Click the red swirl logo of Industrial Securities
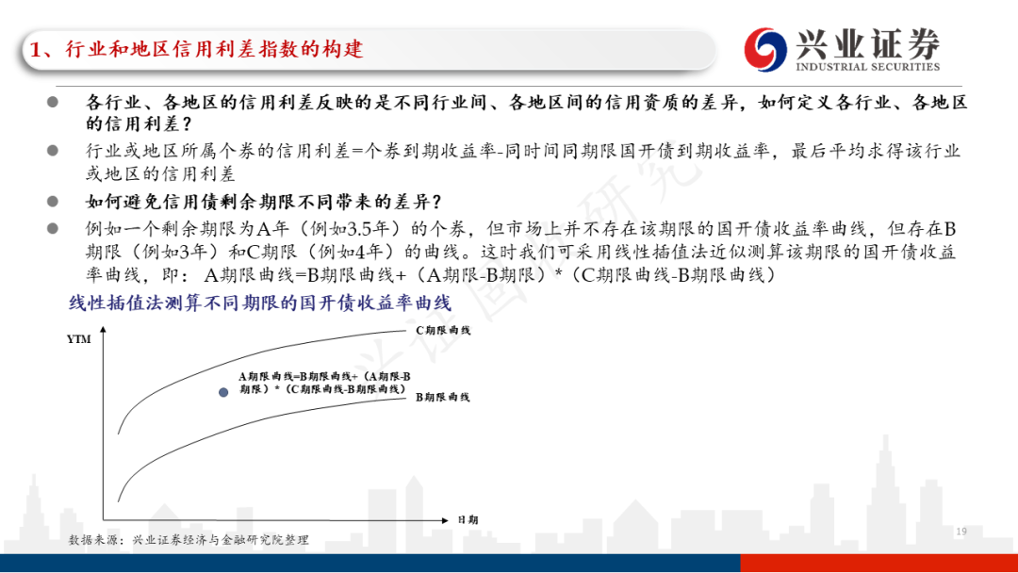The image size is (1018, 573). point(764,49)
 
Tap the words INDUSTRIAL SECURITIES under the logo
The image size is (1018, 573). point(867,67)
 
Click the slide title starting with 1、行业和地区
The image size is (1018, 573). point(197,49)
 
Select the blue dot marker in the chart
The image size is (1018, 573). point(223,392)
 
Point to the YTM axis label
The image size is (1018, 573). point(78,338)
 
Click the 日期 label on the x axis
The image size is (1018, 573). point(468,520)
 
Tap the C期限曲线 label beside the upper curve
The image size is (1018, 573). point(443,330)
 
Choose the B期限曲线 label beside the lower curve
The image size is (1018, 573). point(442,397)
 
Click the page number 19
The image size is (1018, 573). point(961,532)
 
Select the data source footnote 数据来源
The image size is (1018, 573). point(189,540)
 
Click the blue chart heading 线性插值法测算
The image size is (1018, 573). point(260,303)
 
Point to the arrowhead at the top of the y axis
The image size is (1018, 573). point(104,330)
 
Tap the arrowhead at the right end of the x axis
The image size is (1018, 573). point(445,520)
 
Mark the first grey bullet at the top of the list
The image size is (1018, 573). point(53,102)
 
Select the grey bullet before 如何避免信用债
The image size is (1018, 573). point(53,201)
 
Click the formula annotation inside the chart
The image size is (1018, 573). point(324,383)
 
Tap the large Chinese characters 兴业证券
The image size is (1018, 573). point(867,42)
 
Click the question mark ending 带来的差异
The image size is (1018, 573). point(436,203)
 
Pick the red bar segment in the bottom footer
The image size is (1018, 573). point(879,564)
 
